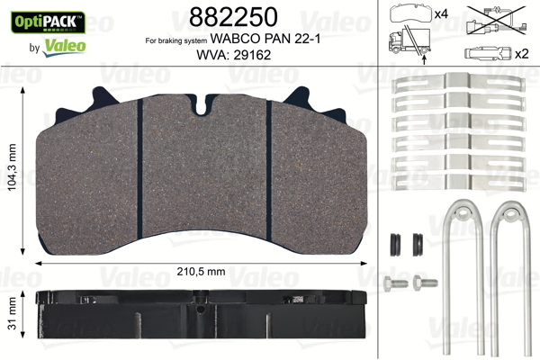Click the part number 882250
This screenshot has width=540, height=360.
[233, 17]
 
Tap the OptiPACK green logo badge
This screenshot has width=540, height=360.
[49, 22]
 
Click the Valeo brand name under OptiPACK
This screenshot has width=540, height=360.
[64, 47]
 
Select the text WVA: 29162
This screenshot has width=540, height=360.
[233, 55]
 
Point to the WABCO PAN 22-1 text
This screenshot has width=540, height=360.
[265, 39]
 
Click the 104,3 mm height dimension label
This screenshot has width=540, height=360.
[12, 167]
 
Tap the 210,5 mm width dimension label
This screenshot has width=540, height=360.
[201, 272]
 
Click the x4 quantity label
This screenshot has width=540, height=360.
[441, 14]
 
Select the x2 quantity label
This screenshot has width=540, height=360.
[521, 54]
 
